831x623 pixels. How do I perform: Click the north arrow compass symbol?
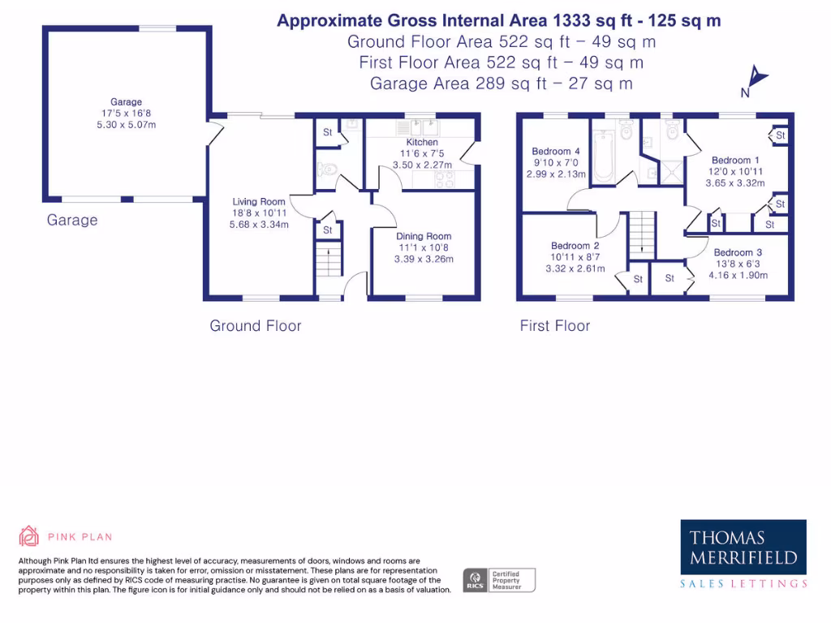(x=757, y=78)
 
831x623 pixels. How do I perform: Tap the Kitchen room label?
(x=422, y=143)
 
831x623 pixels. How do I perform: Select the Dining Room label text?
(x=424, y=236)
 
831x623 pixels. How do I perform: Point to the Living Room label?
(x=259, y=202)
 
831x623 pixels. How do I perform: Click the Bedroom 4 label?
(x=556, y=152)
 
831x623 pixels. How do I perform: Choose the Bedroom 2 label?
(x=575, y=246)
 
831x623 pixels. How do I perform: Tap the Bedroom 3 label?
(x=738, y=252)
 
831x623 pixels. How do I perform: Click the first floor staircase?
(x=642, y=233)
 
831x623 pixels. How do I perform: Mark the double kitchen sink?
(x=423, y=127)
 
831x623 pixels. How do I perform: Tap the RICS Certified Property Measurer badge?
(x=499, y=580)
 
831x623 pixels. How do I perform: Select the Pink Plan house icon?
(x=29, y=536)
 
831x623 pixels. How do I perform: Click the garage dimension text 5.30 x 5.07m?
(x=126, y=125)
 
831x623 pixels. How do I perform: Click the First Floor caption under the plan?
(x=555, y=326)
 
